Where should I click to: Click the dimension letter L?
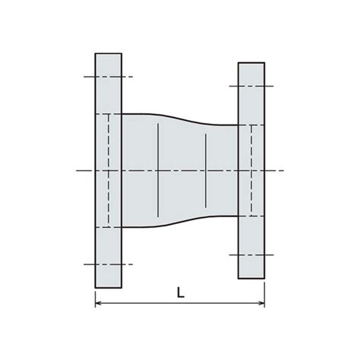(x=181, y=292)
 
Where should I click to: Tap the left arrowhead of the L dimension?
(x=98, y=303)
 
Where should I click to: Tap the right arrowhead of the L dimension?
(x=262, y=303)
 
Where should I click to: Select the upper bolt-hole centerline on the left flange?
(x=109, y=77)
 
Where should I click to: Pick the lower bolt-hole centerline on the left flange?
(x=109, y=264)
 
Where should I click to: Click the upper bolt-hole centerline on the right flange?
(x=251, y=86)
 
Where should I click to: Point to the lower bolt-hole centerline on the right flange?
(x=251, y=254)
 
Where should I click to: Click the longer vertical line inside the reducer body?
(x=158, y=170)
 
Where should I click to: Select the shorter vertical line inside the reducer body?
(x=206, y=171)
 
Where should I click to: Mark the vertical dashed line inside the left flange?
(x=109, y=171)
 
